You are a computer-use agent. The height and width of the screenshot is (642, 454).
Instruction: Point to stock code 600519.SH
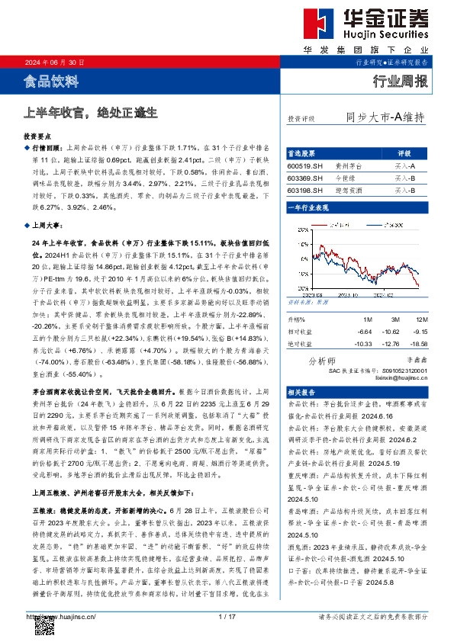tap(304, 165)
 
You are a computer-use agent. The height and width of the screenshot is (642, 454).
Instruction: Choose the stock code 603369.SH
tap(304, 177)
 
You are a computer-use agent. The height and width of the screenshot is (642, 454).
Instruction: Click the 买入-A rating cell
tap(404, 165)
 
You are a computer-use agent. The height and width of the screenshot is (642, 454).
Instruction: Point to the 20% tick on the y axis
tap(294, 223)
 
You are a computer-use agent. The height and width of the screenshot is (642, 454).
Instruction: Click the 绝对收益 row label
tap(301, 343)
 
